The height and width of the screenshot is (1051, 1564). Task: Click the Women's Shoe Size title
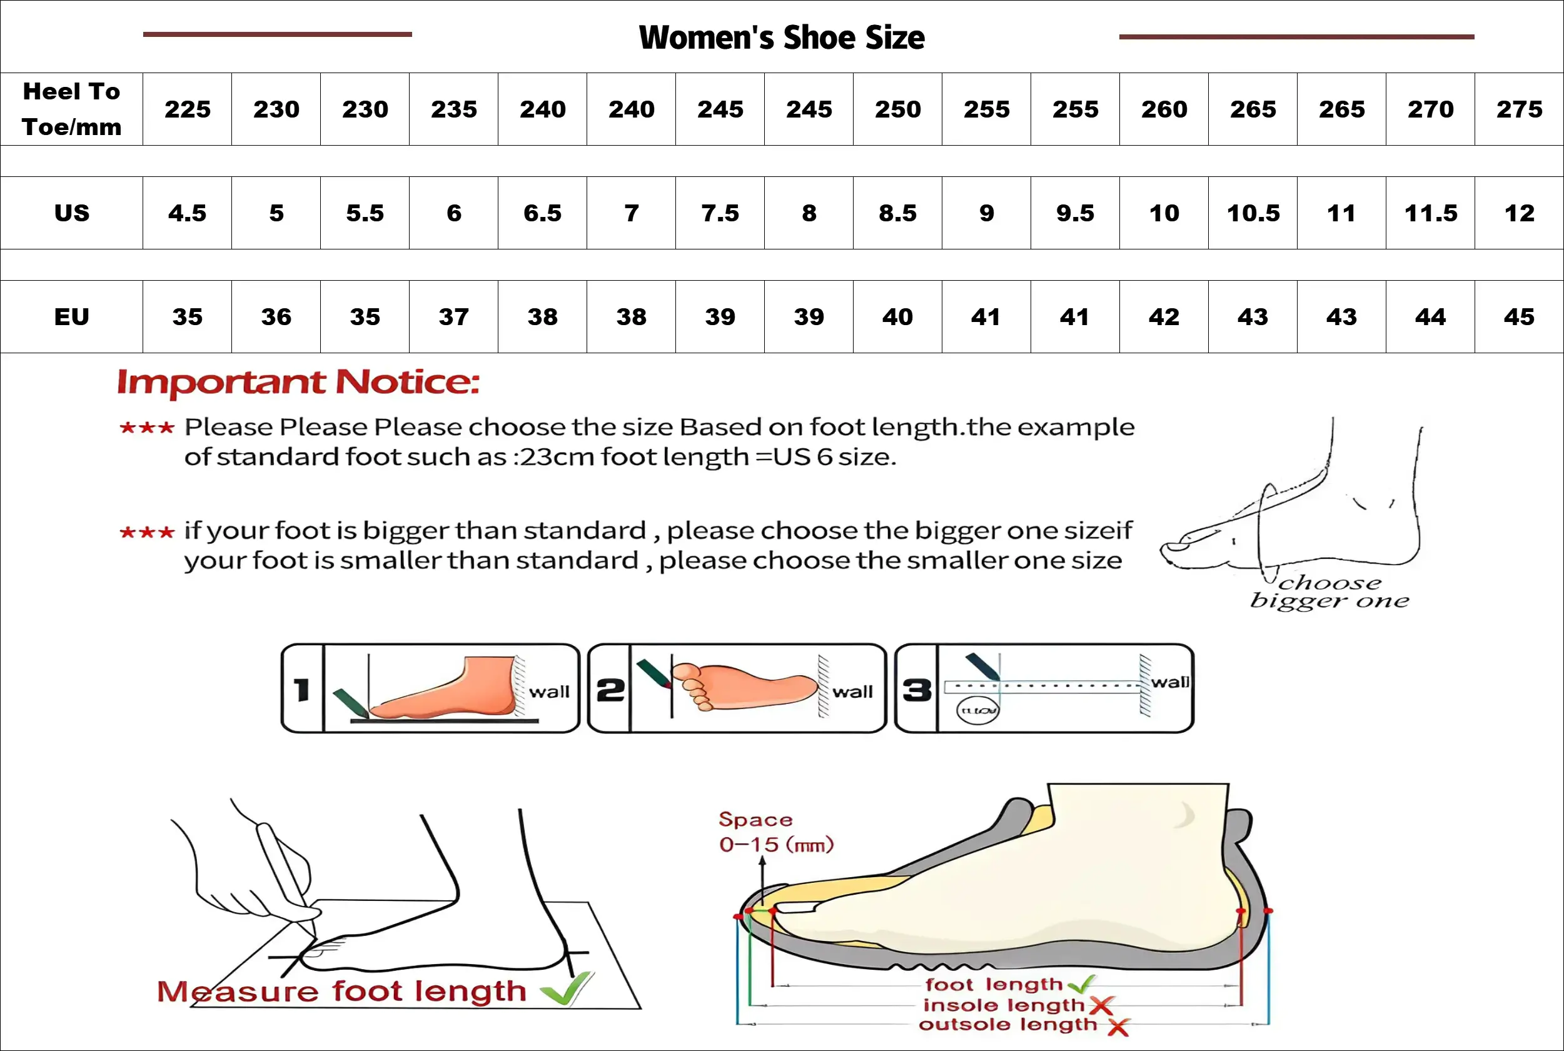(782, 38)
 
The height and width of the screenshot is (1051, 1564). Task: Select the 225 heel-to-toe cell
(187, 109)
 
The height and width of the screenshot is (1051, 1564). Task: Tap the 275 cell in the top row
(1519, 109)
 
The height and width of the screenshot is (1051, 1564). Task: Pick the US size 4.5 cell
(187, 213)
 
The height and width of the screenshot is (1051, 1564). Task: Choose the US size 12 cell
(1519, 213)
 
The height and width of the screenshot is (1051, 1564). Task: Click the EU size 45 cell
(1519, 316)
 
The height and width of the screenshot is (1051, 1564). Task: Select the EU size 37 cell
(454, 316)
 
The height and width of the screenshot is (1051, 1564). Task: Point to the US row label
(72, 213)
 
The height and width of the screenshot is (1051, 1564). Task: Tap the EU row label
(72, 316)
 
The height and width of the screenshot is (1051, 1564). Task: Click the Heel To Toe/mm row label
(72, 109)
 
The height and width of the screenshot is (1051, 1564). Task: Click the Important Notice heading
(298, 382)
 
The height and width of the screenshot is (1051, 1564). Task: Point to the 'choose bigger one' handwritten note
(1329, 591)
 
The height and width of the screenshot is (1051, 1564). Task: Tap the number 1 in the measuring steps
(301, 689)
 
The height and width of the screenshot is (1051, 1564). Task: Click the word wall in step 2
(853, 691)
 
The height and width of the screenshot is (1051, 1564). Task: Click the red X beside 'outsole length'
(1118, 1026)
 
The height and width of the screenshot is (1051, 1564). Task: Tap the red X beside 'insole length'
(1101, 1005)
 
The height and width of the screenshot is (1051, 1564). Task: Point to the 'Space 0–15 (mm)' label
(775, 832)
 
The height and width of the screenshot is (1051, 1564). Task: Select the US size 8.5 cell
(897, 213)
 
